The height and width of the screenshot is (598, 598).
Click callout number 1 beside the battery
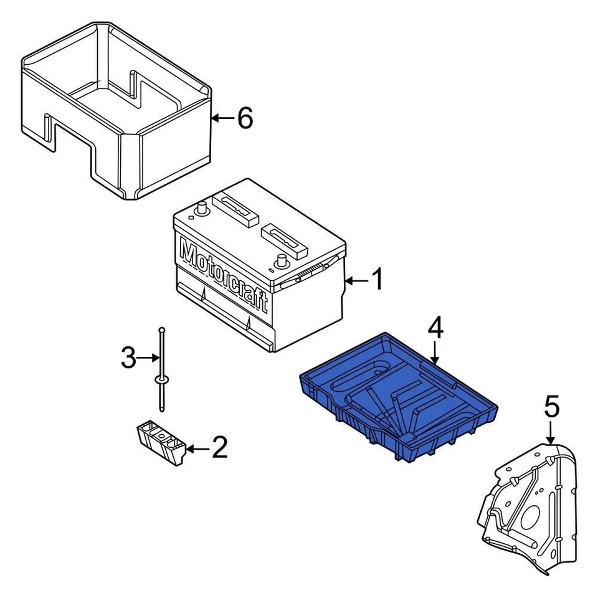coord(377,280)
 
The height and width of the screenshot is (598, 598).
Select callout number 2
coord(219,448)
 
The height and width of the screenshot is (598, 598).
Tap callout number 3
coord(128,358)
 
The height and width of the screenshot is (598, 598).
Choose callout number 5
coord(551,407)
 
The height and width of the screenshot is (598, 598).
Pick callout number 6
coord(245,118)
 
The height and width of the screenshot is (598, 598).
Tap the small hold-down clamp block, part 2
coord(161,441)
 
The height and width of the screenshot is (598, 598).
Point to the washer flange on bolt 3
coord(161,379)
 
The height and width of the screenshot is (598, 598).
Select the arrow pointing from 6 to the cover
coord(222,117)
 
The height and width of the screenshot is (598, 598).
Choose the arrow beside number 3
coord(148,358)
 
